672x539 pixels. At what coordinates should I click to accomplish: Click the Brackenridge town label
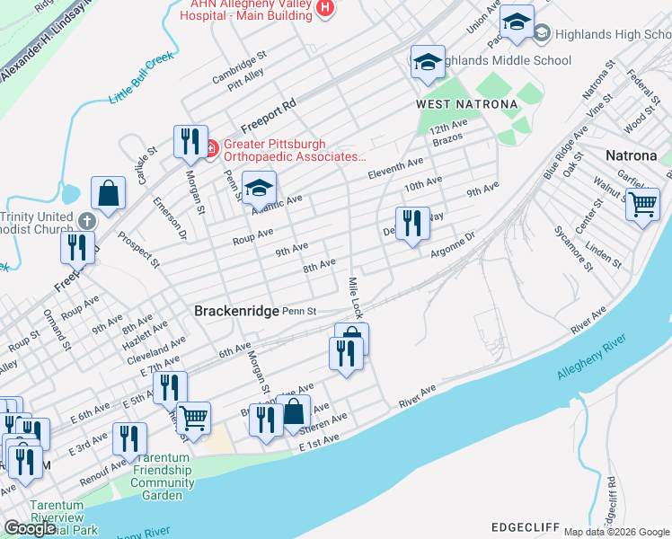click(x=236, y=310)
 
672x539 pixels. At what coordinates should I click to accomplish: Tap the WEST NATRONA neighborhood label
click(x=467, y=104)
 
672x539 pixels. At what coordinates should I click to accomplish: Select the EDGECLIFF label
click(x=525, y=526)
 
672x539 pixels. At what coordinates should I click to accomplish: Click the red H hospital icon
click(x=325, y=9)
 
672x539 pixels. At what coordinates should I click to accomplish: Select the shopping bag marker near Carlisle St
click(x=108, y=192)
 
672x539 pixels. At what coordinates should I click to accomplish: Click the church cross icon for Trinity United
click(x=86, y=220)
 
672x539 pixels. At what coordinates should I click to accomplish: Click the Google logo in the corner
click(x=30, y=528)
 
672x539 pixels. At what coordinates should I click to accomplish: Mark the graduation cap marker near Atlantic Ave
click(x=259, y=187)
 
